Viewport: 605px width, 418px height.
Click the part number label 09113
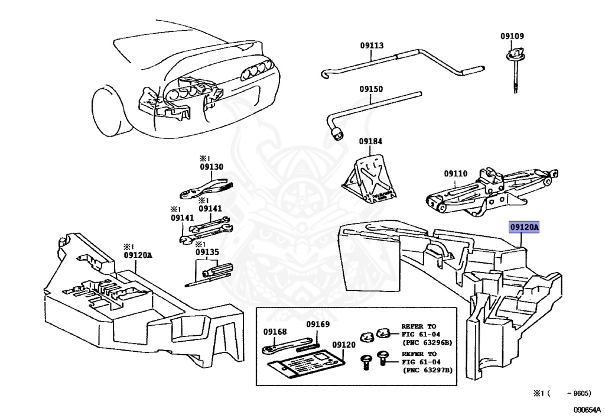click(372, 46)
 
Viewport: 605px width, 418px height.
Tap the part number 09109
click(512, 36)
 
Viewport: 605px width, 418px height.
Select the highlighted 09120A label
click(525, 227)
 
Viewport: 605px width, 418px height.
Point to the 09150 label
click(372, 89)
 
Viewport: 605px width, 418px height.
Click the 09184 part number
click(370, 141)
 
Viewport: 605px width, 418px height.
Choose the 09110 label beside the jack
click(456, 174)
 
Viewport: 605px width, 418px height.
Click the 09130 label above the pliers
click(211, 167)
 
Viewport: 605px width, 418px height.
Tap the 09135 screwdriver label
click(207, 252)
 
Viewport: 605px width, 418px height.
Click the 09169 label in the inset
click(318, 325)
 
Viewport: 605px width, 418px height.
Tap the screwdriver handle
click(218, 271)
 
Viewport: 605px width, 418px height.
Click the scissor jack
click(490, 189)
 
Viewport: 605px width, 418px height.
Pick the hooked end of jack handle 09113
click(326, 74)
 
